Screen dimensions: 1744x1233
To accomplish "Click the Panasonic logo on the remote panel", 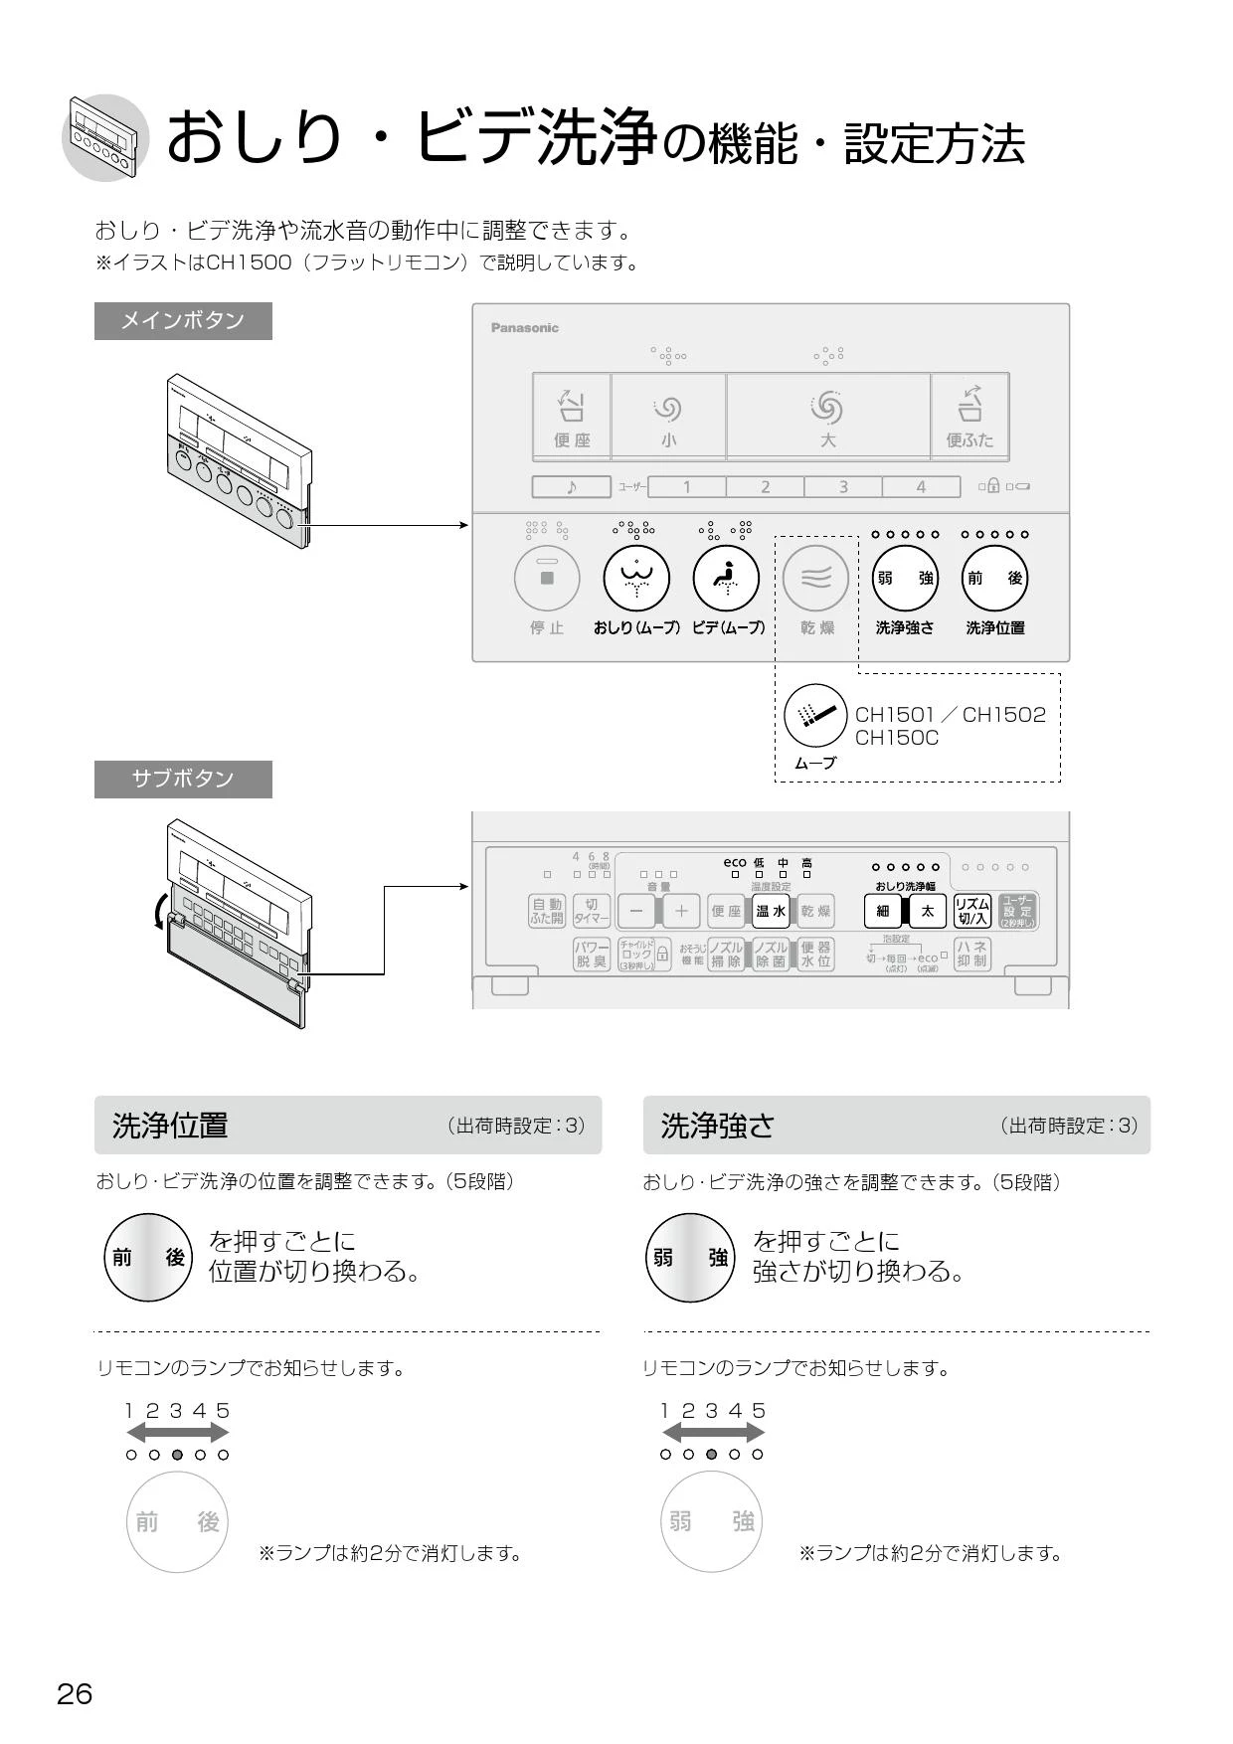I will point(525,327).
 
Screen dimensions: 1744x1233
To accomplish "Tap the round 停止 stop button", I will point(546,578).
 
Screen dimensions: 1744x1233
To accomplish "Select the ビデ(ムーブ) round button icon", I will point(726,578).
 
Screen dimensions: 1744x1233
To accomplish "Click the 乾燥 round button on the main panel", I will point(815,578).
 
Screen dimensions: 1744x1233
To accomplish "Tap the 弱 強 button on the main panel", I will point(905,578).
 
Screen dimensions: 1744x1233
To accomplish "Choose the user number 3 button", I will point(843,487).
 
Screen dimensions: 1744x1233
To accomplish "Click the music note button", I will point(571,487).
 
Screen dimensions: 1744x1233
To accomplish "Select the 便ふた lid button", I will point(969,416).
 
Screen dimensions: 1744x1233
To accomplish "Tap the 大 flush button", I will point(827,416).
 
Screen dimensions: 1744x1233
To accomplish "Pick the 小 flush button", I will point(668,416).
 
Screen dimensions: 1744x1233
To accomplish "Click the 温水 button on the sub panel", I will point(771,911).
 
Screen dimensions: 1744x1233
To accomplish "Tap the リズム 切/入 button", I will point(971,911).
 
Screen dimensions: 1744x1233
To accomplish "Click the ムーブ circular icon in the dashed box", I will point(815,715).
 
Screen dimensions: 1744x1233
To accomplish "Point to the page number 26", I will point(75,1693).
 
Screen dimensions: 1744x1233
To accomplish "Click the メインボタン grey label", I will point(183,320).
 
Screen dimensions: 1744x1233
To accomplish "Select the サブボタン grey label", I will point(183,779).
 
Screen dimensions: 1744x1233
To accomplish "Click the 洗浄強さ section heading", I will point(717,1126).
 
